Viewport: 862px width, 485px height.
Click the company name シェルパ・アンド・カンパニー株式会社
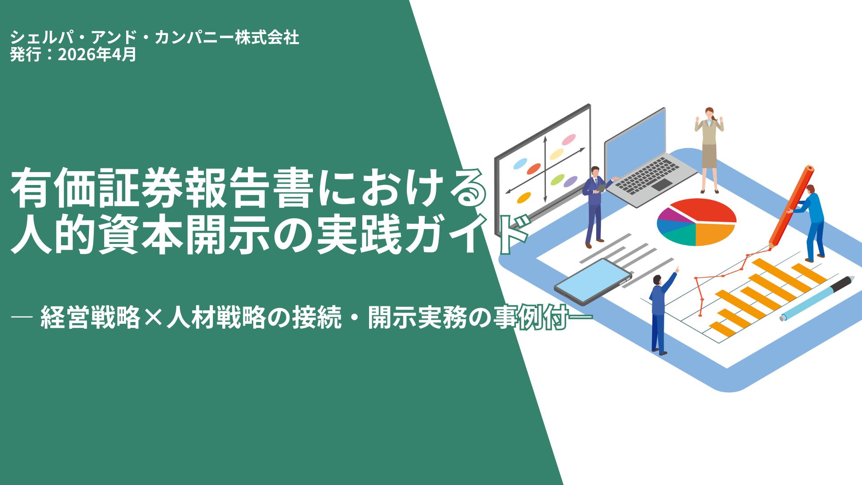(x=154, y=38)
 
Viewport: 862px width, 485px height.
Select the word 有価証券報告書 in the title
(x=162, y=189)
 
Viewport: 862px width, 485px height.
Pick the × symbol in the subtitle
(x=153, y=318)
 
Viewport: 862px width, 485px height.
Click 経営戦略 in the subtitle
(x=90, y=318)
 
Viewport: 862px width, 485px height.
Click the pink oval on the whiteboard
(x=569, y=139)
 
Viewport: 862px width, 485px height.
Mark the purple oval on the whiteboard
(x=570, y=181)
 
